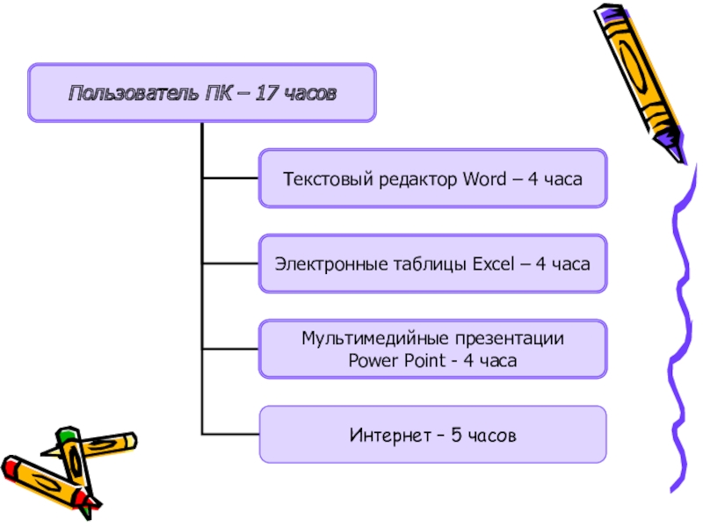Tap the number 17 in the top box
(266, 93)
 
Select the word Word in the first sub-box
(482, 179)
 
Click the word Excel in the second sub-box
(496, 263)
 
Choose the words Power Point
(391, 360)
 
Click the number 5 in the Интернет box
(455, 435)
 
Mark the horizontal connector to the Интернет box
(230, 434)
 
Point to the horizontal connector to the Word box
(230, 178)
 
